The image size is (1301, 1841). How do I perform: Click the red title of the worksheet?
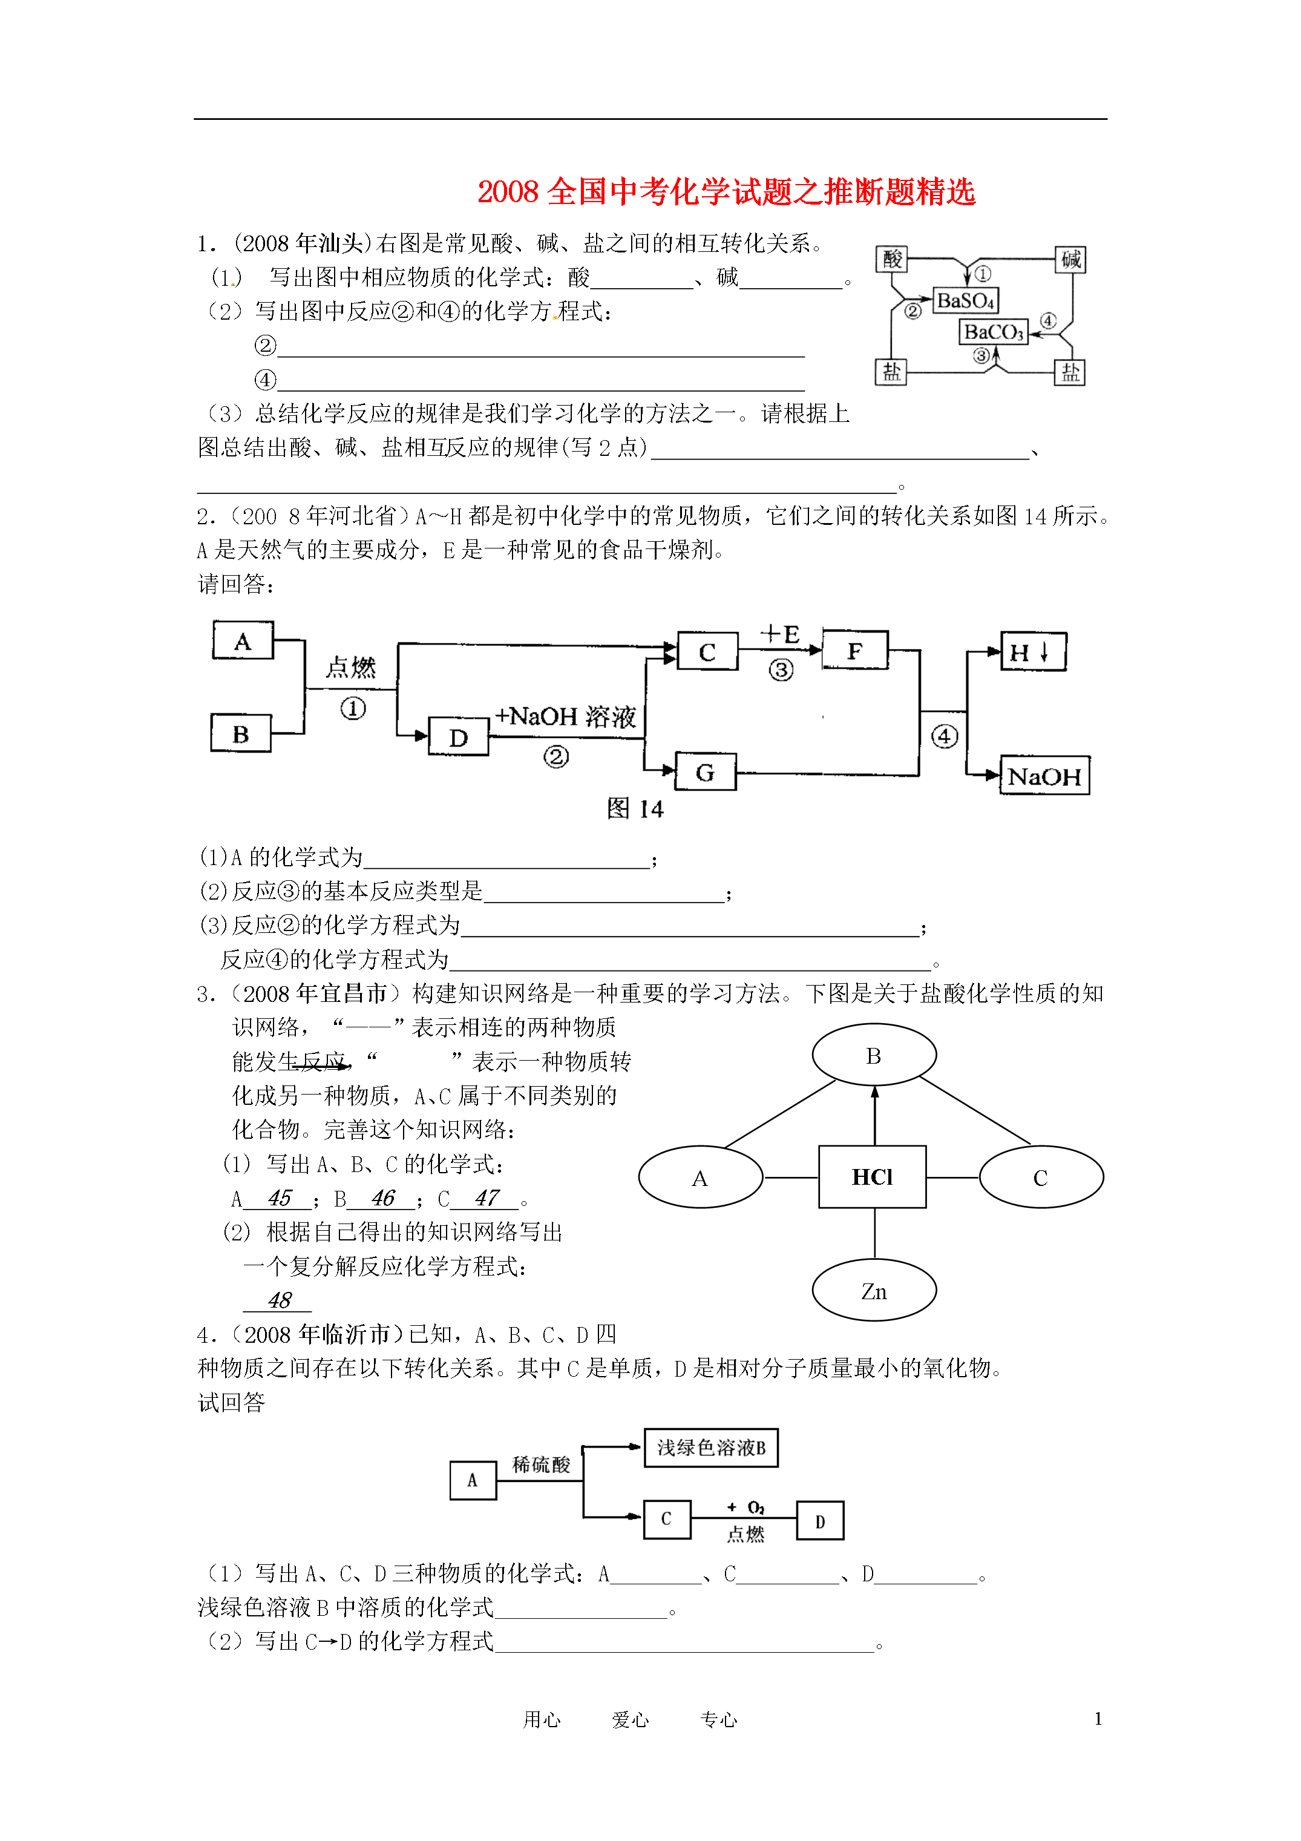click(726, 192)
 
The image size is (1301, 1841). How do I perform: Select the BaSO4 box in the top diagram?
click(966, 301)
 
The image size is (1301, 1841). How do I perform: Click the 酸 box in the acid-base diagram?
click(891, 260)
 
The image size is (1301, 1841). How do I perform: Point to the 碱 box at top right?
click(1070, 260)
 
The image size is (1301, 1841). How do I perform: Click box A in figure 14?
click(243, 640)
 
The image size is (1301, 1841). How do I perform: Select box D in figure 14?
click(459, 736)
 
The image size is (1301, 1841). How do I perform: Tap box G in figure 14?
click(706, 771)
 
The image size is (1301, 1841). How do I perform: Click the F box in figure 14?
click(855, 650)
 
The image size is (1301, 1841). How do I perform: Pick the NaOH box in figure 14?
click(1044, 776)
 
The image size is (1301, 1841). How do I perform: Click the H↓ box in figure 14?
click(1034, 651)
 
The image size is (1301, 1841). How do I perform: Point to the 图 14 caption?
click(635, 808)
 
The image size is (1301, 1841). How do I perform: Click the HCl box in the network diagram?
click(872, 1176)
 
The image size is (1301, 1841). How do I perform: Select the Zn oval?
click(874, 1290)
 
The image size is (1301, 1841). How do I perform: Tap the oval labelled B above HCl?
click(874, 1055)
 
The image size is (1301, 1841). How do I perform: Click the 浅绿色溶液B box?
click(711, 1447)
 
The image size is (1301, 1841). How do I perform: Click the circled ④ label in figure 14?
click(945, 736)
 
